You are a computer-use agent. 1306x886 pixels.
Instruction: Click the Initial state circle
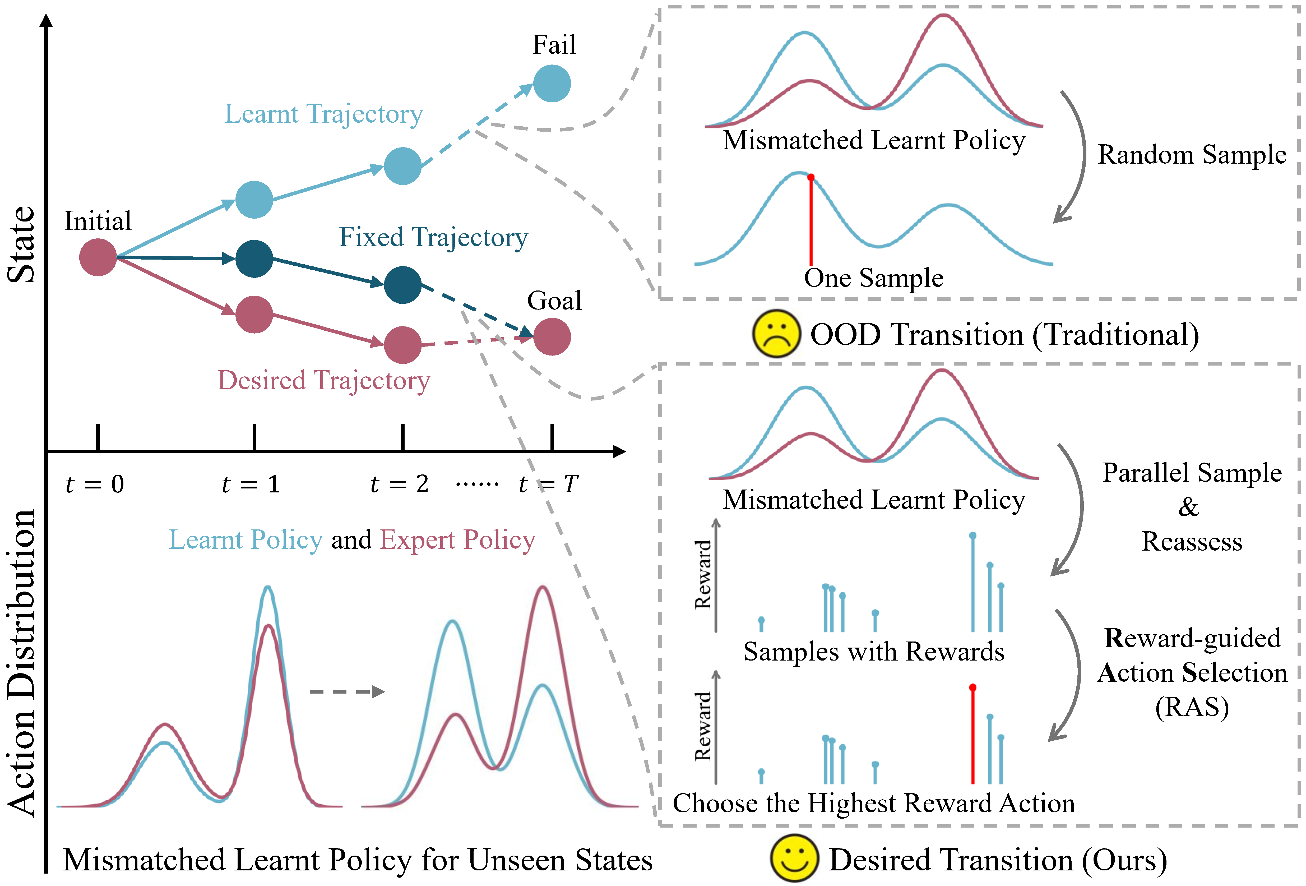click(98, 257)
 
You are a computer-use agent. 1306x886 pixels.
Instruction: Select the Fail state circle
click(552, 83)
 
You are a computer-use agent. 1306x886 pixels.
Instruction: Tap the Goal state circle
click(552, 337)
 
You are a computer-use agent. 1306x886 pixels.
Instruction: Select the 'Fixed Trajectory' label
click(433, 237)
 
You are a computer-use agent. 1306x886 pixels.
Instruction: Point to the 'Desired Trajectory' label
click(324, 381)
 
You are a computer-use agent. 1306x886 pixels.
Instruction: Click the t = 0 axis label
click(94, 484)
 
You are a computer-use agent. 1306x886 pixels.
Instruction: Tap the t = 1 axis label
click(251, 484)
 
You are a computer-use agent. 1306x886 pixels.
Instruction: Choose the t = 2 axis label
click(400, 484)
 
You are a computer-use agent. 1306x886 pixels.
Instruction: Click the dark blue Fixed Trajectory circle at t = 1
click(254, 259)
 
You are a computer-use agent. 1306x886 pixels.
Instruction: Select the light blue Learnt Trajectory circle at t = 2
click(402, 167)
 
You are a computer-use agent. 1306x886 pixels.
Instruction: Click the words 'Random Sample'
click(1192, 155)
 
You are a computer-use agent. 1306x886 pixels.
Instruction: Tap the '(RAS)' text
click(1192, 707)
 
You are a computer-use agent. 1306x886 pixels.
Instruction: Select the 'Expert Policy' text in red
click(457, 540)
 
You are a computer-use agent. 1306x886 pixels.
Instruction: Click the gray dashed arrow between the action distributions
click(347, 691)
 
